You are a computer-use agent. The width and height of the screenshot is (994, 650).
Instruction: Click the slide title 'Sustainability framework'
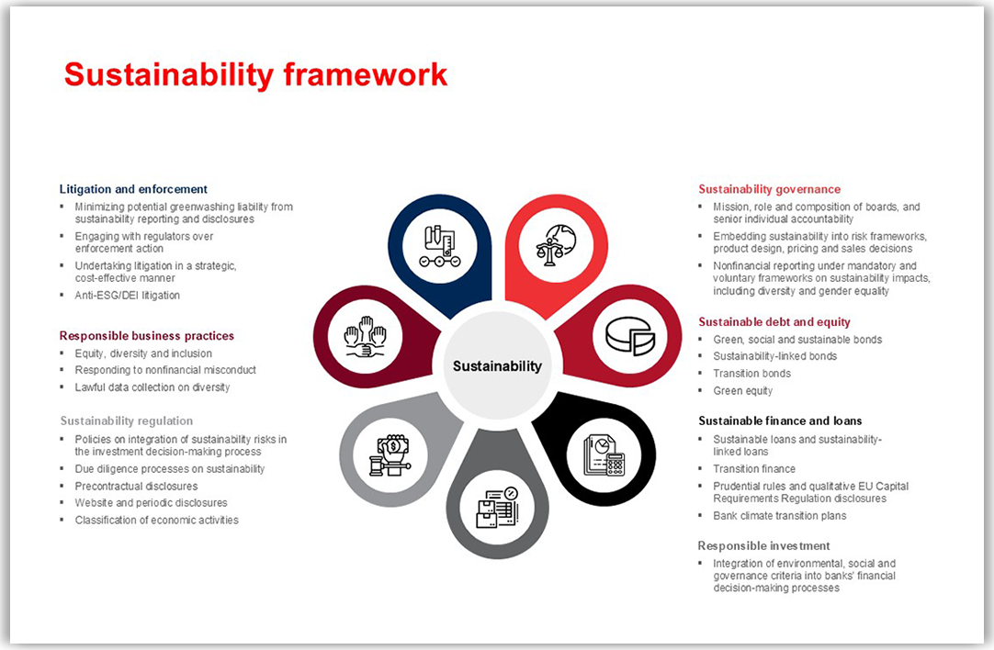[255, 74]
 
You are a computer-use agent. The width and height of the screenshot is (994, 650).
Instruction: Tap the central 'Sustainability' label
[497, 365]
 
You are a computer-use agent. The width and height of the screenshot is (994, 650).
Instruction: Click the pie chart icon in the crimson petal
[629, 336]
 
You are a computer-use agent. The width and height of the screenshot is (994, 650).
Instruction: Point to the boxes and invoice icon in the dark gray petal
[497, 508]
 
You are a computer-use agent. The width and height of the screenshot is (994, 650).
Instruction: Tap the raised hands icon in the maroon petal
[365, 336]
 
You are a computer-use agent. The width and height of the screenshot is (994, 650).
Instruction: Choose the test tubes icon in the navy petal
[440, 246]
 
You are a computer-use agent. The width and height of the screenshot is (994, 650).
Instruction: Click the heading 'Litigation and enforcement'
[133, 189]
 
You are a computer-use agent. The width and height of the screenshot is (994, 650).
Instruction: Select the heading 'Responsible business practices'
[147, 336]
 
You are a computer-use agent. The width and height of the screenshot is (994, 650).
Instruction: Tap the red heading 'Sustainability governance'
[769, 189]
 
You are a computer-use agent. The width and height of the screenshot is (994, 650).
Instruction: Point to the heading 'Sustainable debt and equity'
[774, 322]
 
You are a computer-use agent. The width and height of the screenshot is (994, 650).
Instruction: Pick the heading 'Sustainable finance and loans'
[780, 421]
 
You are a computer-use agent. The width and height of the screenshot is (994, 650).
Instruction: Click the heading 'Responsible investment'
[763, 546]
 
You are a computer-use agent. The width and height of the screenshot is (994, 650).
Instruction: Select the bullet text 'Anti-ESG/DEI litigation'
[128, 296]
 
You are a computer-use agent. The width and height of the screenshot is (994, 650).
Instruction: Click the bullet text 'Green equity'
[743, 391]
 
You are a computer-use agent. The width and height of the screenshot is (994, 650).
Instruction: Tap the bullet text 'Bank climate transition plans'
[780, 516]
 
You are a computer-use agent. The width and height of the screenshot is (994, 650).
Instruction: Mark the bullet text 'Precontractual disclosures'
[136, 486]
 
